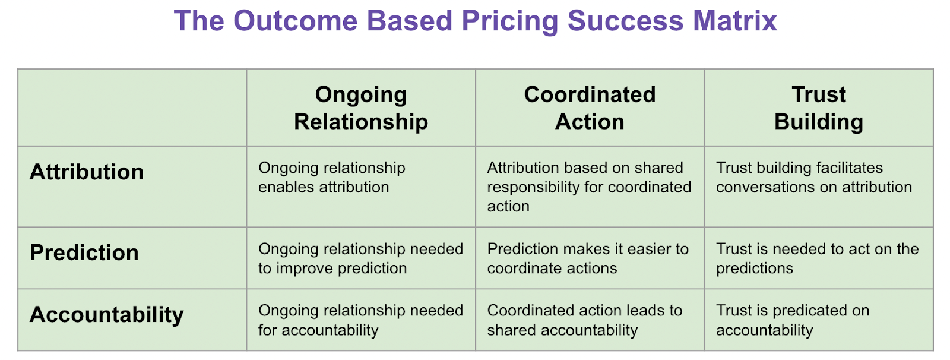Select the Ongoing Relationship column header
click(x=361, y=108)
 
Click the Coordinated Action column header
click(x=590, y=108)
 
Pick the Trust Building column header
click(x=819, y=108)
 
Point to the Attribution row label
click(x=87, y=172)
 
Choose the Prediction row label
click(x=84, y=253)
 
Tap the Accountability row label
click(x=107, y=315)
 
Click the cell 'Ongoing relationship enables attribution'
click(x=331, y=177)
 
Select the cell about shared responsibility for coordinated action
click(x=589, y=187)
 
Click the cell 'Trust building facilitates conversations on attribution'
click(x=813, y=177)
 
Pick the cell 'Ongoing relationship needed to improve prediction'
click(x=360, y=258)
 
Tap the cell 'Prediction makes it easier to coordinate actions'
click(x=588, y=258)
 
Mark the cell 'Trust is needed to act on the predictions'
click(x=817, y=258)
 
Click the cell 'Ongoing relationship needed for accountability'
click(x=360, y=320)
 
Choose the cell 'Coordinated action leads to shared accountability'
click(x=585, y=320)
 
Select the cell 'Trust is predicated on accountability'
click(x=793, y=320)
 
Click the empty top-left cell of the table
click(x=132, y=108)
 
